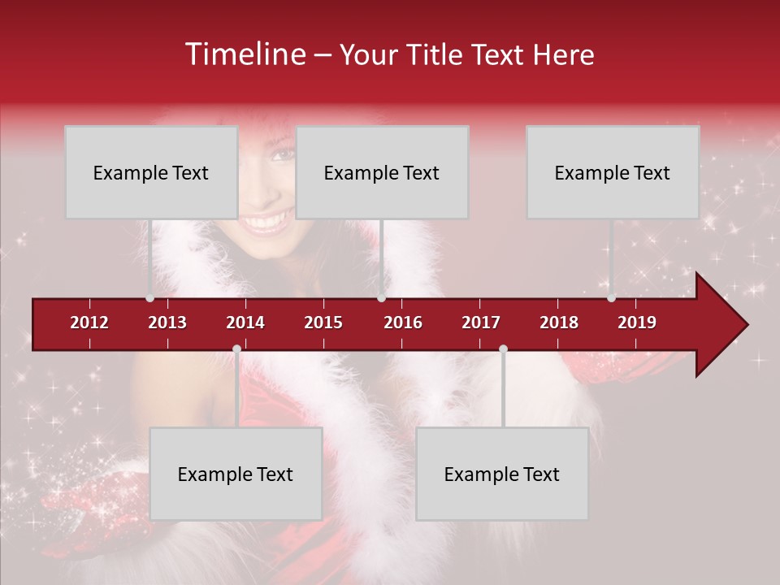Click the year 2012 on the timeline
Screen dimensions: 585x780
pos(89,323)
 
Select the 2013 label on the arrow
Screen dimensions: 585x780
pos(167,323)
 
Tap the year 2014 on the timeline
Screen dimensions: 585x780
pos(245,323)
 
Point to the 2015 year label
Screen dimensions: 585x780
pos(323,323)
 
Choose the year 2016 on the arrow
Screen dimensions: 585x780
pos(403,323)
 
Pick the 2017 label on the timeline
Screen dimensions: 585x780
pos(481,323)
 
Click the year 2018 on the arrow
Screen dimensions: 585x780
pos(559,323)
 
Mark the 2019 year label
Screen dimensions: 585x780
pos(637,323)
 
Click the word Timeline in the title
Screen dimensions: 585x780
pos(245,54)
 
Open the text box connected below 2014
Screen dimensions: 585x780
pos(236,474)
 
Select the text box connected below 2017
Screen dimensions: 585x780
pos(502,474)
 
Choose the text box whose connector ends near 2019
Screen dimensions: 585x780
pos(613,172)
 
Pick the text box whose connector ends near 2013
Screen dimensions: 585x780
pos(151,172)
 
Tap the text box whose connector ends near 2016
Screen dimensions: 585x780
pos(382,172)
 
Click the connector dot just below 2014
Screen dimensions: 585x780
pos(236,349)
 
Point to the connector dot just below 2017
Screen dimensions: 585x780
pos(503,349)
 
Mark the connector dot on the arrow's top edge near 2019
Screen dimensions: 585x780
pos(611,298)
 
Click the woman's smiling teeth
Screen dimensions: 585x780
pos(269,220)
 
